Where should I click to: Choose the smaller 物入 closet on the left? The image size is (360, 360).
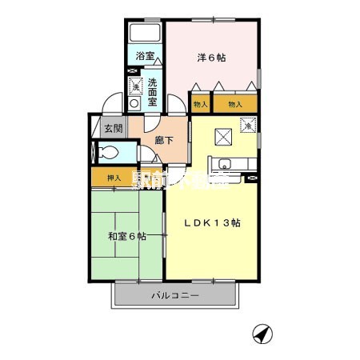pos(199,104)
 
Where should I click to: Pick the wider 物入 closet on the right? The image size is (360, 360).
pos(235,104)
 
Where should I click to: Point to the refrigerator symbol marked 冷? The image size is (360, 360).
pos(249,126)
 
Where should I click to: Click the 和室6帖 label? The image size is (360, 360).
pos(127,236)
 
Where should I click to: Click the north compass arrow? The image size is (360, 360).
pos(259,331)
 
